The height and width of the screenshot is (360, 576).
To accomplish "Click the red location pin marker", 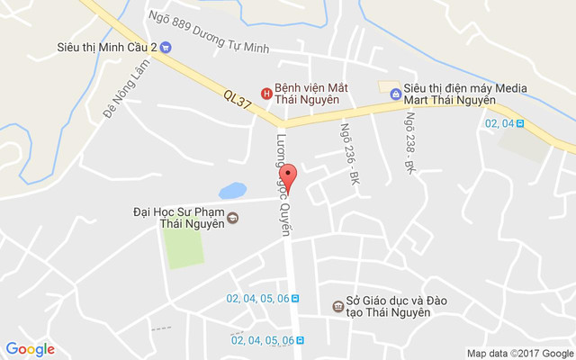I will [288, 175].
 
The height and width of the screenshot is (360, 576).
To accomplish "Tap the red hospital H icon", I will [265, 93].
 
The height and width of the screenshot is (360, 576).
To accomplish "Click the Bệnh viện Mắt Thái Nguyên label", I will [310, 93].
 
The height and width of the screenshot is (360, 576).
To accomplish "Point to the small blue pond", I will [232, 191].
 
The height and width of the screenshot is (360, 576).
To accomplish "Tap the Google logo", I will [31, 349].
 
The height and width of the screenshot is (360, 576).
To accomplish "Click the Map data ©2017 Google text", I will [519, 353].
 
